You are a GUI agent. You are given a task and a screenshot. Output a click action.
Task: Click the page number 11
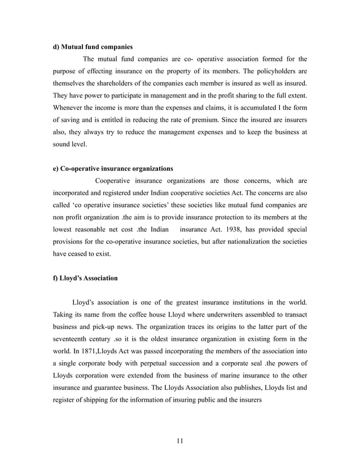pos(180,440)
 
